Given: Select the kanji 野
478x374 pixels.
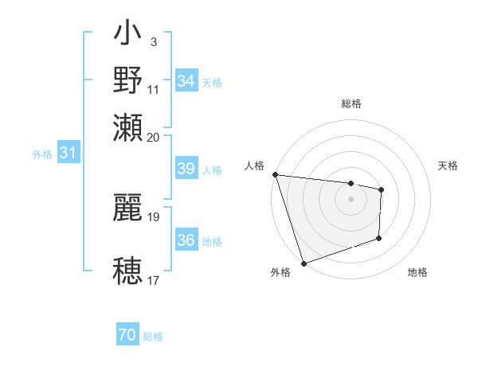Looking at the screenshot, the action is point(128,80).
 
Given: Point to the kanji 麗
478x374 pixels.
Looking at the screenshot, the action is point(128,208).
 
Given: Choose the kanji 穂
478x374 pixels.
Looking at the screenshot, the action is point(128,270).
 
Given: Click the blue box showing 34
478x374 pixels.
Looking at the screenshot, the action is point(186,81).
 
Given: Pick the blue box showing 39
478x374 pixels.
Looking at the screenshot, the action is point(186,169).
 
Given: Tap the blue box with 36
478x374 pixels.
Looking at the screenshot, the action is point(186,240).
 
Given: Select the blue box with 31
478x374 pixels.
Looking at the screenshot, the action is point(68,154).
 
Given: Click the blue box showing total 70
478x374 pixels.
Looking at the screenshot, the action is point(127,336).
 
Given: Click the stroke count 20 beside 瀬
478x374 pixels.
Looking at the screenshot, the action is point(154,137).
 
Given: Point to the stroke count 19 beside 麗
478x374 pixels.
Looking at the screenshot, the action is point(154,216).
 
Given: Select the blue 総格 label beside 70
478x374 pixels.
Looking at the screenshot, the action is point(153,337).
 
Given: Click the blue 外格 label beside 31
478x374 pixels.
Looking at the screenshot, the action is point(41,154).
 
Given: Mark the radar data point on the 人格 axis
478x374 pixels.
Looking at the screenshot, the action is point(275,174).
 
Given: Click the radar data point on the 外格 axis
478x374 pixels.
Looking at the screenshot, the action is point(304,263).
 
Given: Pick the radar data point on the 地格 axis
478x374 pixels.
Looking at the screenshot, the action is point(379,238).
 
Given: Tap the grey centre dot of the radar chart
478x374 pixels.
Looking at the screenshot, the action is point(351,199).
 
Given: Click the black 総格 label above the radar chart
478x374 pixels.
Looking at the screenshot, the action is point(351,103).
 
